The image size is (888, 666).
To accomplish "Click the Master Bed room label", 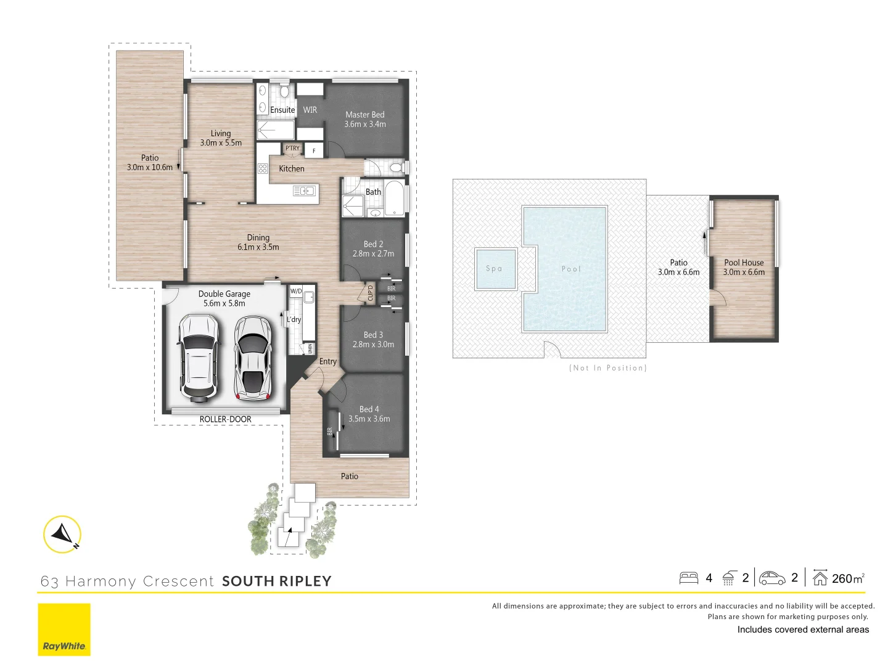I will tap(365, 115).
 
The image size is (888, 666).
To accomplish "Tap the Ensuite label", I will tap(282, 110).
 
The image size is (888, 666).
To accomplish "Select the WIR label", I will tap(310, 110).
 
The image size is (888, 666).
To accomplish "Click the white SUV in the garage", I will tap(198, 358).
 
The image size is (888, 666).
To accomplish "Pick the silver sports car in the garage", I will tap(253, 358).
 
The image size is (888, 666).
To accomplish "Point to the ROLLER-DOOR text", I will tap(225, 419).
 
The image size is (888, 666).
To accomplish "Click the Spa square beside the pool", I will tap(495, 269).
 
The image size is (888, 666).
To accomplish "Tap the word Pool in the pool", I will tap(571, 269).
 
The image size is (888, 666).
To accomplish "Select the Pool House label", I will tap(744, 263).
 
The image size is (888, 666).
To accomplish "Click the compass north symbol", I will tap(62, 534).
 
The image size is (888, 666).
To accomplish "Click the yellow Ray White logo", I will tap(64, 630).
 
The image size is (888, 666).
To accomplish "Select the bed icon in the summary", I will tap(688, 578).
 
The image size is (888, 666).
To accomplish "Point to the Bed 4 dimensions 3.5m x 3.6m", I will tap(369, 419).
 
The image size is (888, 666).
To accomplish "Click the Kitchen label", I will tap(292, 168).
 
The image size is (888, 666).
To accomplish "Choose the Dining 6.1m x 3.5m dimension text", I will tap(258, 247).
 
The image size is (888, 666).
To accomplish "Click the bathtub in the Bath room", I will tap(394, 199).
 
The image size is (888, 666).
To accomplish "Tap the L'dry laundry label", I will tap(294, 319).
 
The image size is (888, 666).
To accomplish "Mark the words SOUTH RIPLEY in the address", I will tap(277, 582).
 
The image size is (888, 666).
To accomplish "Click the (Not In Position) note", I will tap(607, 368).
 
